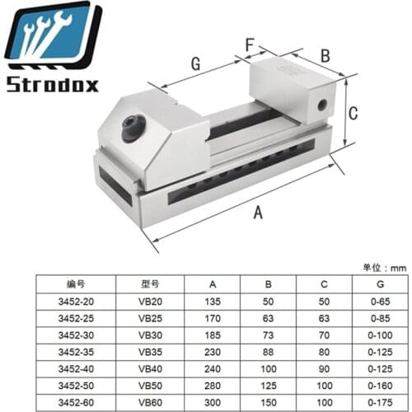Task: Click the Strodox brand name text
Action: pos(53,84)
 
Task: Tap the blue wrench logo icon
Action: pos(51,37)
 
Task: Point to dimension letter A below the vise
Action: pos(258,213)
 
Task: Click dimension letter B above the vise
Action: pos(325,56)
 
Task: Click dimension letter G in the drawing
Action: pos(195,64)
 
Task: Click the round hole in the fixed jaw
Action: pos(321,105)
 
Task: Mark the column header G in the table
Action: pos(357,283)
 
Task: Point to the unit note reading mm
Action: pos(386,268)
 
